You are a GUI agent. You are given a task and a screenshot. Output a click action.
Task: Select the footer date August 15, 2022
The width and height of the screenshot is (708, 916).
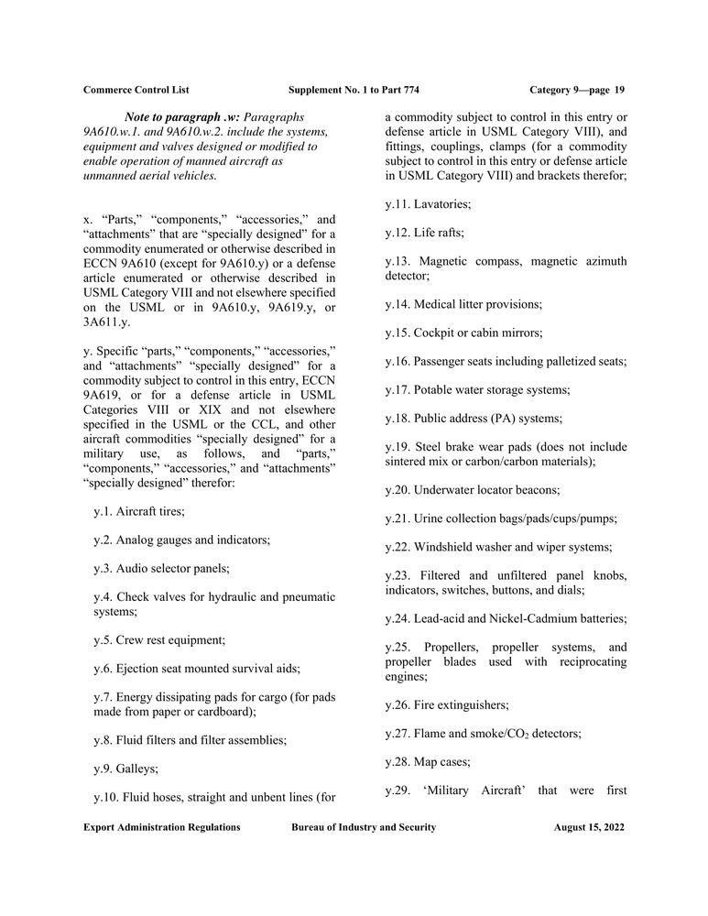pyautogui.click(x=589, y=827)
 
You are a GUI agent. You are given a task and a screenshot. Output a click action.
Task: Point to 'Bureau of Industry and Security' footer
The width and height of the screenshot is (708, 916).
pyautogui.click(x=364, y=827)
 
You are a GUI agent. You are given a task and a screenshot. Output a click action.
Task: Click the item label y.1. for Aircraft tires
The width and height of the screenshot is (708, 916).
pyautogui.click(x=107, y=511)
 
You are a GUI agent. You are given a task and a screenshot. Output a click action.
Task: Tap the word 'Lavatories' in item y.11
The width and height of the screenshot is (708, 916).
pyautogui.click(x=441, y=203)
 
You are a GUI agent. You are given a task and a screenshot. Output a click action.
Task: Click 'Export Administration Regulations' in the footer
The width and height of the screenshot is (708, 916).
pyautogui.click(x=162, y=827)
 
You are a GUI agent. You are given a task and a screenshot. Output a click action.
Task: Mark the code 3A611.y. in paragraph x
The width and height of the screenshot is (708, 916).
pyautogui.click(x=109, y=322)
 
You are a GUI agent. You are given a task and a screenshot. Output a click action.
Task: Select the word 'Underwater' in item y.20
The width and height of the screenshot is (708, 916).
pyautogui.click(x=444, y=490)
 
